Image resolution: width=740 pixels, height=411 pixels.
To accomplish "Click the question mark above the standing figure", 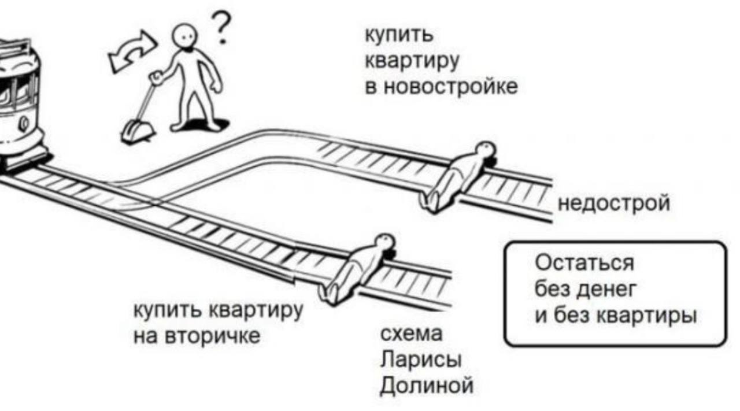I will pos(221,29).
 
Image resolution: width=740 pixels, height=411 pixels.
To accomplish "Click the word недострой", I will pos(613,203).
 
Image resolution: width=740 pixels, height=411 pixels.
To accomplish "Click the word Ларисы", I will pos(420,360).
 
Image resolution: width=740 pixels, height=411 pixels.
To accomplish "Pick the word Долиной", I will pos(426,385).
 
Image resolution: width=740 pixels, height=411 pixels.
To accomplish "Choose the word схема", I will pos(411,334).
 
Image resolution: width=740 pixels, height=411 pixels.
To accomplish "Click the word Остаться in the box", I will pos(584,264).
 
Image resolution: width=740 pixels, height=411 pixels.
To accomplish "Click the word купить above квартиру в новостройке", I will pos(398,35).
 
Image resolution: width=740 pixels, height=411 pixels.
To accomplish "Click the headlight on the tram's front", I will pos(24,123).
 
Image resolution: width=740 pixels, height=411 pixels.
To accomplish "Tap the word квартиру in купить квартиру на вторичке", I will pos(258,311).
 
